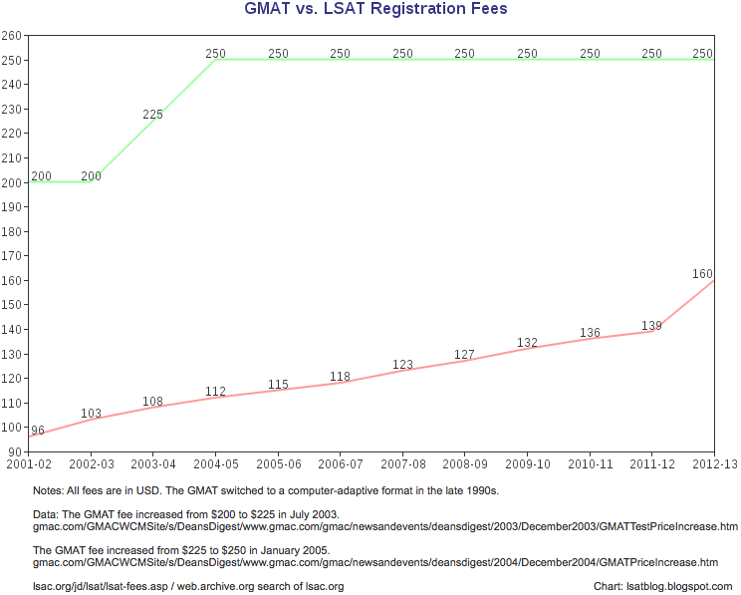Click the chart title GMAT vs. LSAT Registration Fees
375,10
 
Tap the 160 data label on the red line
702,273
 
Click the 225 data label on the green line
152,115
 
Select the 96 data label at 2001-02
38,431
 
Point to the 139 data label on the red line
651,325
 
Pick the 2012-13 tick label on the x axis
714,464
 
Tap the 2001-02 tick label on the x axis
29,464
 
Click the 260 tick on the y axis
12,35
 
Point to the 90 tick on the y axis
15,451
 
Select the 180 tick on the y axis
12,231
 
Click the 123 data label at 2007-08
402,365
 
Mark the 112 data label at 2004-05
215,392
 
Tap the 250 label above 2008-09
465,54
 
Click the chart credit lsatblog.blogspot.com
662,586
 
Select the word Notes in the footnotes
48,491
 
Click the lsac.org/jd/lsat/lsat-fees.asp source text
95,586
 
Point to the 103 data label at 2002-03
91,413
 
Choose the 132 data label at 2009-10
527,343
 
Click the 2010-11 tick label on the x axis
590,464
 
